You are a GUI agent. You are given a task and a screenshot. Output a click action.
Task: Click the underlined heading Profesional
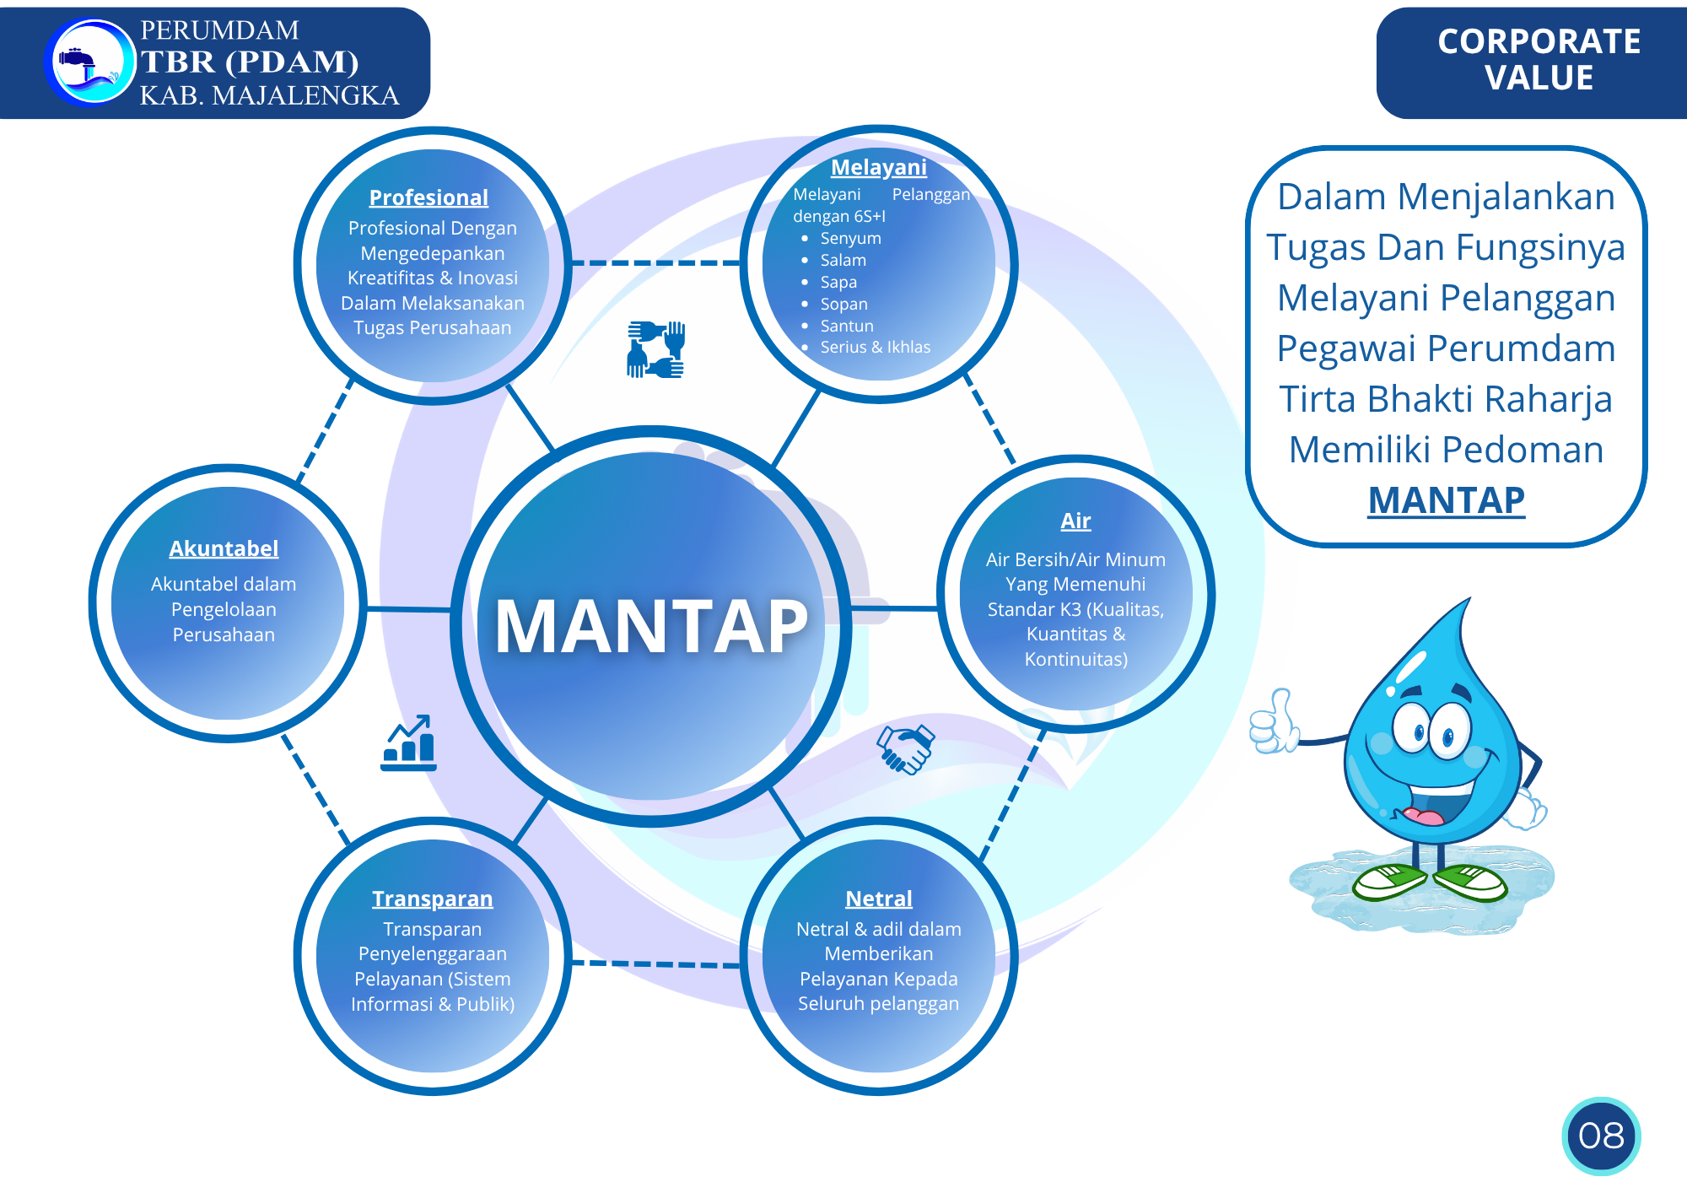[428, 197]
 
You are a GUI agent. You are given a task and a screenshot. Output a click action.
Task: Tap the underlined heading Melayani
[878, 167]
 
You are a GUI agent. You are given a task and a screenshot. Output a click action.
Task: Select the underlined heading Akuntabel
[224, 548]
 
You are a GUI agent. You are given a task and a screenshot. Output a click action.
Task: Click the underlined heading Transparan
[432, 899]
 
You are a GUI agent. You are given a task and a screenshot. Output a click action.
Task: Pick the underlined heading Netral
[878, 899]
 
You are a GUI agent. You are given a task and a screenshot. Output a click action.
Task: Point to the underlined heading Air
[1075, 521]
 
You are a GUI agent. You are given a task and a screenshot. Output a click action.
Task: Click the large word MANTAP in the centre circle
[651, 626]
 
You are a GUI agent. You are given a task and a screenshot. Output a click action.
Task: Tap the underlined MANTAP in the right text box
[1446, 500]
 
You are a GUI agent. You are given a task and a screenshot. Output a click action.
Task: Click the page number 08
[1600, 1136]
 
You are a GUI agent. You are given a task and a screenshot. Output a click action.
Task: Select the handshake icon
[905, 748]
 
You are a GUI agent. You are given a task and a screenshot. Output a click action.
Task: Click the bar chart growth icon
[409, 743]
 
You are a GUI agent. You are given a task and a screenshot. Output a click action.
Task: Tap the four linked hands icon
[655, 348]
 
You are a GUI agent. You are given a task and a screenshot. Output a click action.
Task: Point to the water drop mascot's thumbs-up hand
[1273, 722]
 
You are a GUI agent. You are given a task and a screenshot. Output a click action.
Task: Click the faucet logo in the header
[89, 63]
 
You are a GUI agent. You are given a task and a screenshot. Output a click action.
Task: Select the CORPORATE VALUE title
[1539, 59]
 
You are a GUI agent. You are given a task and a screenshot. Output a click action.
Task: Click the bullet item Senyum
[850, 238]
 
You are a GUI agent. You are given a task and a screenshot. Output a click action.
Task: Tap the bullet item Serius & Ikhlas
[875, 347]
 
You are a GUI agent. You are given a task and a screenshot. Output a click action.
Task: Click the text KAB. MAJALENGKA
[269, 95]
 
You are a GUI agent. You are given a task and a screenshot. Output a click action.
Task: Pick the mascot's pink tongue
[1424, 816]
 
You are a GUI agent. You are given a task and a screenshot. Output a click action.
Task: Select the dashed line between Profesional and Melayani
[655, 263]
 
